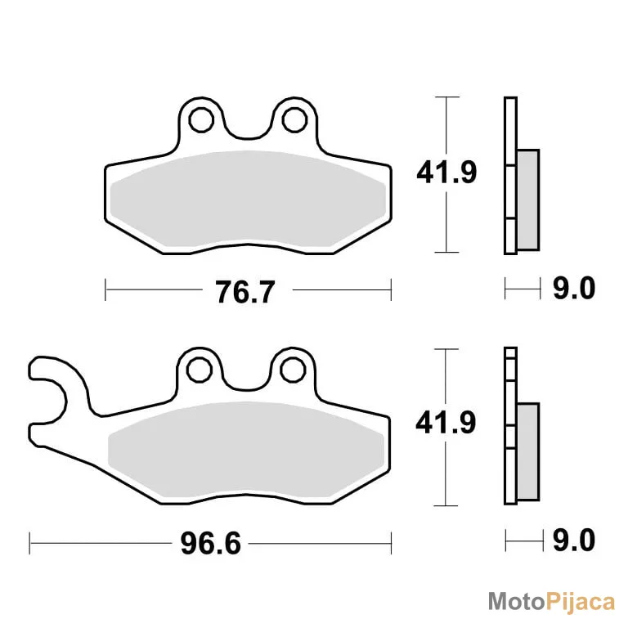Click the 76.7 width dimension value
[x=245, y=292]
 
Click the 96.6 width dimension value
[x=211, y=544]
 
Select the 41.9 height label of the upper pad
[x=446, y=173]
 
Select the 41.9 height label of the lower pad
[x=446, y=423]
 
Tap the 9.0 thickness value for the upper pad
[x=574, y=288]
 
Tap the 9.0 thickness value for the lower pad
[x=574, y=541]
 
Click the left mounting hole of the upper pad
[x=200, y=119]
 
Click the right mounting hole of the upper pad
[x=294, y=119]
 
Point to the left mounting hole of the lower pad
[x=199, y=370]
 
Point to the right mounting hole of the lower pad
[x=293, y=370]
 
